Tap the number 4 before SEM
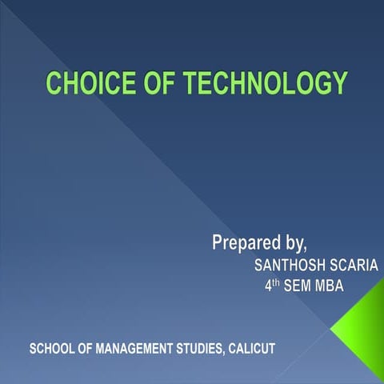[x=268, y=286]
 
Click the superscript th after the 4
[x=277, y=282]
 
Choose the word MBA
[x=330, y=286]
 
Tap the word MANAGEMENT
[x=135, y=350]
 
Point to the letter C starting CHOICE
[x=54, y=83]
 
